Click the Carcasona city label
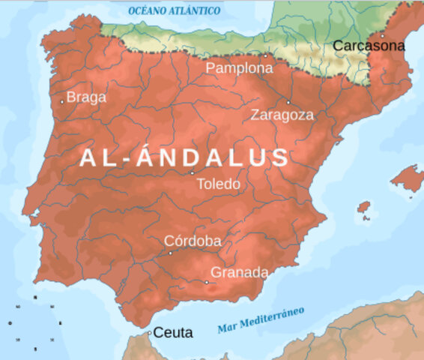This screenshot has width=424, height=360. (x=368, y=46)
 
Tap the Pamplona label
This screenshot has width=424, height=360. (x=239, y=68)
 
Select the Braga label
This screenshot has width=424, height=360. (x=86, y=97)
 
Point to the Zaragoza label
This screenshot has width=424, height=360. (x=282, y=115)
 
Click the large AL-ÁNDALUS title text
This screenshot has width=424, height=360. (x=184, y=157)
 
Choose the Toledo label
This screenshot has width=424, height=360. (x=218, y=184)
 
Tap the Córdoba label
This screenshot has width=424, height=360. (x=193, y=241)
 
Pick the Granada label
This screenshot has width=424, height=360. (x=239, y=273)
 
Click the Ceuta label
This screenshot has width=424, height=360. (x=173, y=332)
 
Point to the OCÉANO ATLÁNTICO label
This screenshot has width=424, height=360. (x=175, y=11)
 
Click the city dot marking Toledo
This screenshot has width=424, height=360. (x=193, y=173)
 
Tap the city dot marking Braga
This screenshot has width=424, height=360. (x=62, y=101)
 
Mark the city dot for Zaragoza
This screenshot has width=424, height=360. (x=288, y=102)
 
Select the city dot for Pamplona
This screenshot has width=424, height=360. (x=264, y=55)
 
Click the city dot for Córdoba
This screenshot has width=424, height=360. (x=170, y=253)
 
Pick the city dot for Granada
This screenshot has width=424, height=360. (x=207, y=283)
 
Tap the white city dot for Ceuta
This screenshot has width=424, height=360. (x=149, y=332)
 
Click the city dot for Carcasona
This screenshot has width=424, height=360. (x=381, y=34)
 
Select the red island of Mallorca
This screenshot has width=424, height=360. (x=408, y=178)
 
